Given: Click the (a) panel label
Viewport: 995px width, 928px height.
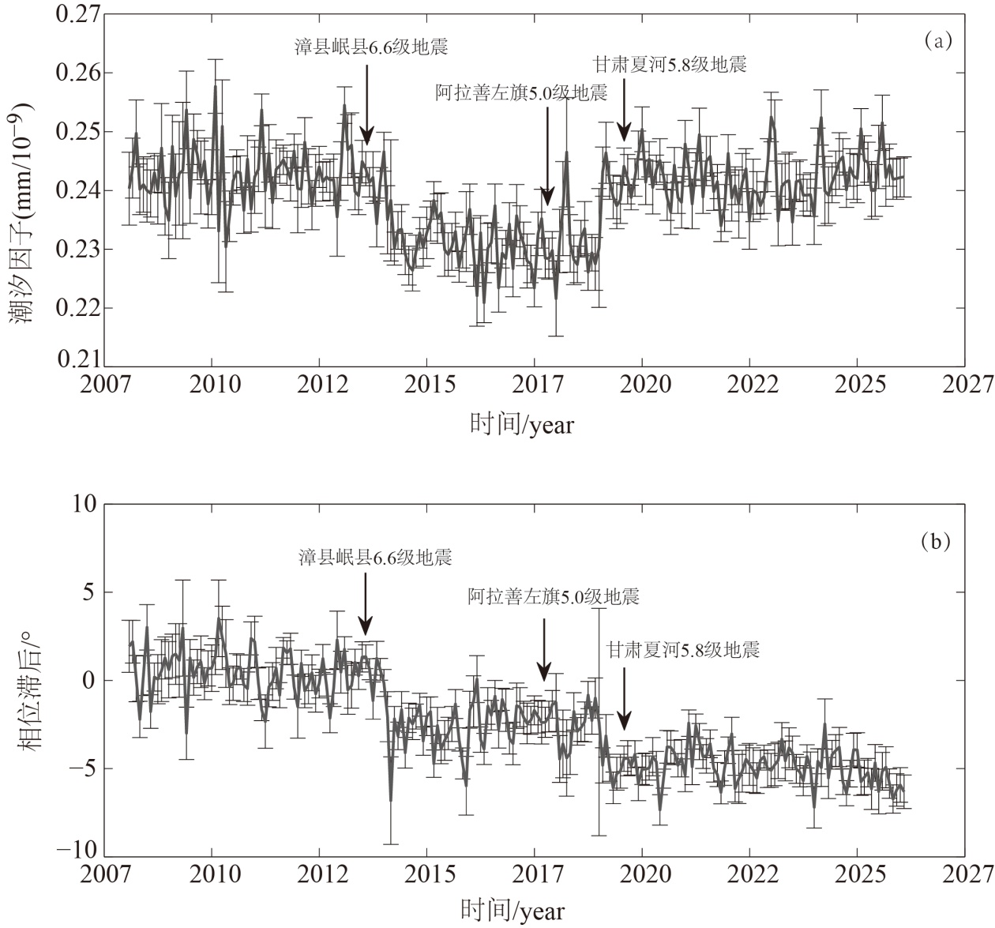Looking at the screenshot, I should click(x=938, y=41).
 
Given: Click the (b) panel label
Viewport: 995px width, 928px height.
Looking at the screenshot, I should click(x=936, y=542).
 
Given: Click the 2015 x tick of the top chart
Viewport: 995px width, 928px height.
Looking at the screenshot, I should click(x=427, y=385).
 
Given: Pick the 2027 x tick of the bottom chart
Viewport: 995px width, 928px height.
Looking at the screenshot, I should click(x=965, y=874).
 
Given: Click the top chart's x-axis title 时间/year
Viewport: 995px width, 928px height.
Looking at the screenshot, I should click(x=522, y=424).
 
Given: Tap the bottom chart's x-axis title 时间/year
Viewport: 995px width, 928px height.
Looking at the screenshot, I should click(x=513, y=910).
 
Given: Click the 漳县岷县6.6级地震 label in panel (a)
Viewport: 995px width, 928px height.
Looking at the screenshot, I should click(x=371, y=47).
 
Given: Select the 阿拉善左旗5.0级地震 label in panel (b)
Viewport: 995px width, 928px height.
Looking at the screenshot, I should click(x=553, y=596).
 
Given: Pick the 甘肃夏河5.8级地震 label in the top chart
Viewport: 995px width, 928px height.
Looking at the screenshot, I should click(x=670, y=65).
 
